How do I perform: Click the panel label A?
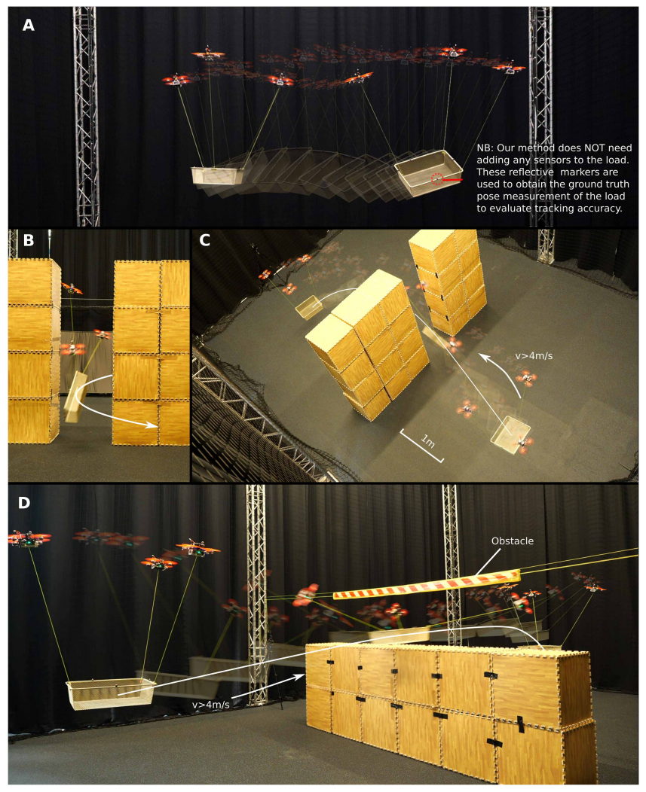coord(29,26)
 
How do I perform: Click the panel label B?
coord(29,240)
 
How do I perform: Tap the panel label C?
coord(204,240)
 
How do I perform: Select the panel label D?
coord(24,503)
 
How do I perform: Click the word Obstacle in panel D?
coord(513,541)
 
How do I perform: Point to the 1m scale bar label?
coord(428,441)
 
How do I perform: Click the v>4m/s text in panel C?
coord(534,356)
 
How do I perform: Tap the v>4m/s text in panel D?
coord(211,705)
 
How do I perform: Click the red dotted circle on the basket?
coord(437,178)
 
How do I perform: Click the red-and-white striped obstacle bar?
coord(427,584)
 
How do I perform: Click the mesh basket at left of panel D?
coord(111,694)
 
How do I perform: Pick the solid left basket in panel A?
coord(217,175)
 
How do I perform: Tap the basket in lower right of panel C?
coord(511,434)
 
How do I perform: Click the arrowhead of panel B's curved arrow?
coord(153,425)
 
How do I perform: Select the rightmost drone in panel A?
coord(509,69)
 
